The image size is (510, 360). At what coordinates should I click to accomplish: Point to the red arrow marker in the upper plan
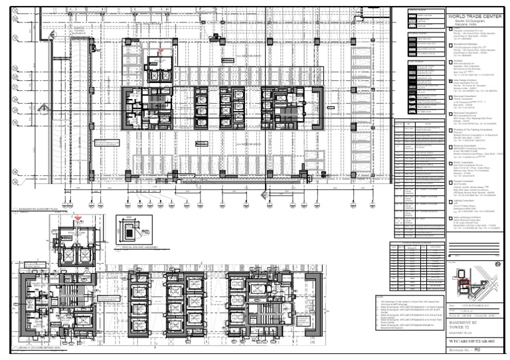click(160, 51)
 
